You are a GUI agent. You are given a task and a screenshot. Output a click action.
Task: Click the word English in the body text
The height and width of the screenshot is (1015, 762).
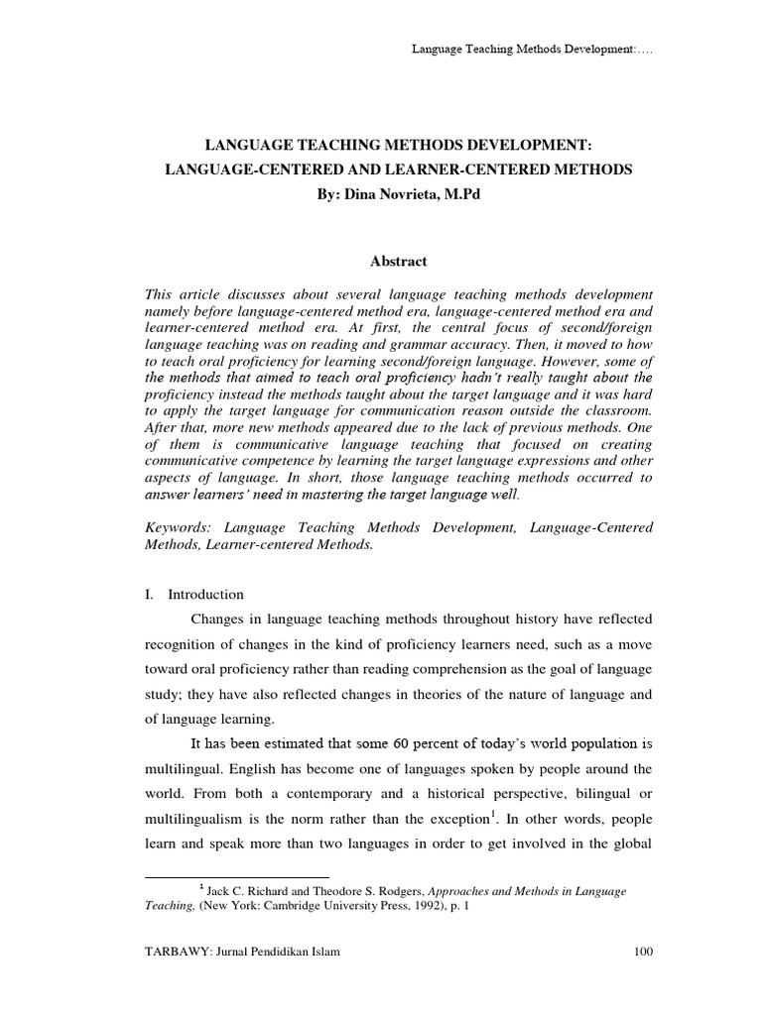(x=258, y=769)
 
